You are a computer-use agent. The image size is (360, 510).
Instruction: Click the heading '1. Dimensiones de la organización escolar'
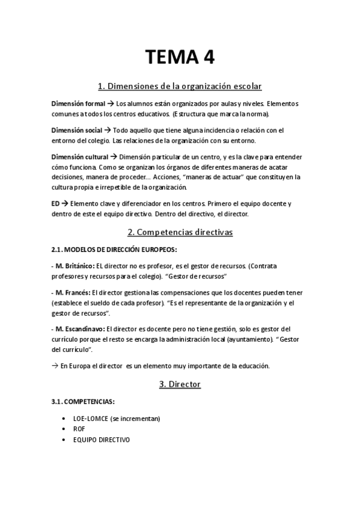tap(180, 86)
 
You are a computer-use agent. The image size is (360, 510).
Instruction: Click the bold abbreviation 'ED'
tap(55, 203)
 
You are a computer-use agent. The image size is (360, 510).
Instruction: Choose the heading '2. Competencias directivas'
tap(180, 232)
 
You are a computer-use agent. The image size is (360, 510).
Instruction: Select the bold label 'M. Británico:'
tap(73, 266)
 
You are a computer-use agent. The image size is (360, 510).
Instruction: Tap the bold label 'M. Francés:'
tap(71, 292)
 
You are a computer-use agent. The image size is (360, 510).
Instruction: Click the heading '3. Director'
tap(180, 383)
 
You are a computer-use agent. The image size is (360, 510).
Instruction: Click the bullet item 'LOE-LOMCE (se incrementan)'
tap(117, 419)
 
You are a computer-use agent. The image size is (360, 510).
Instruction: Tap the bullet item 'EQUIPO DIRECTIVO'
tap(102, 439)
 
